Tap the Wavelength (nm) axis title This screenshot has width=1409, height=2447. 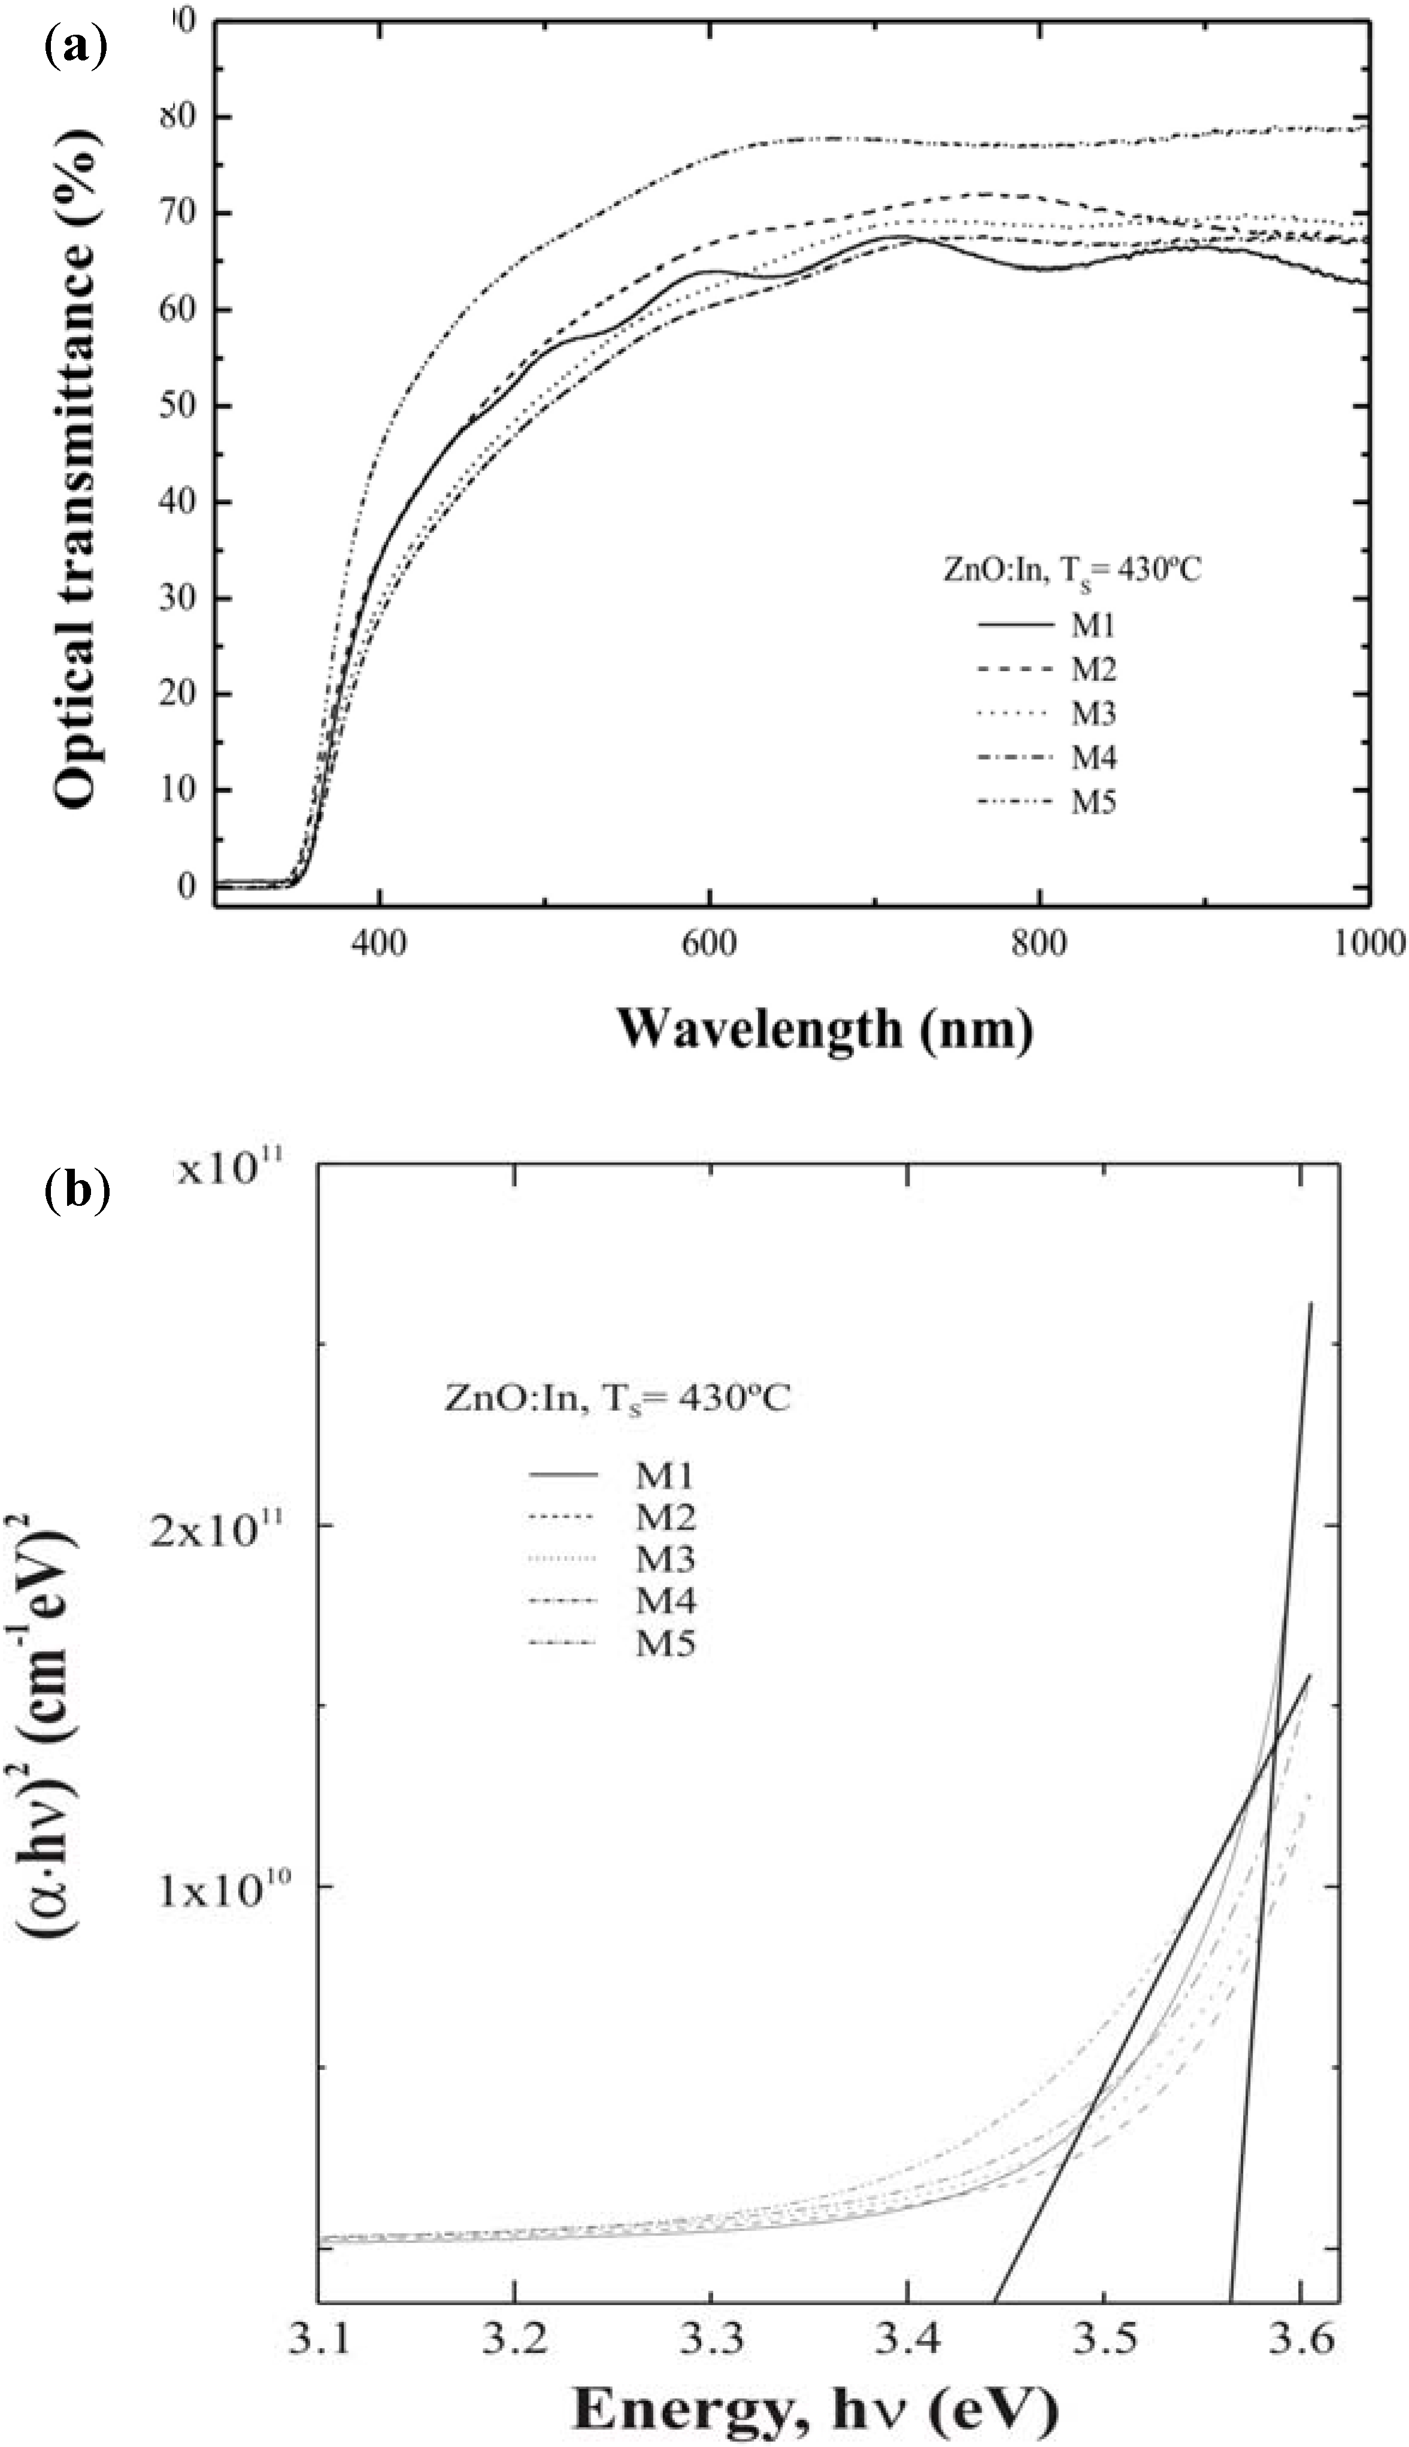tap(825, 1029)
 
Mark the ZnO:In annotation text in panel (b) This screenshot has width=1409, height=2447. tap(616, 1400)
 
